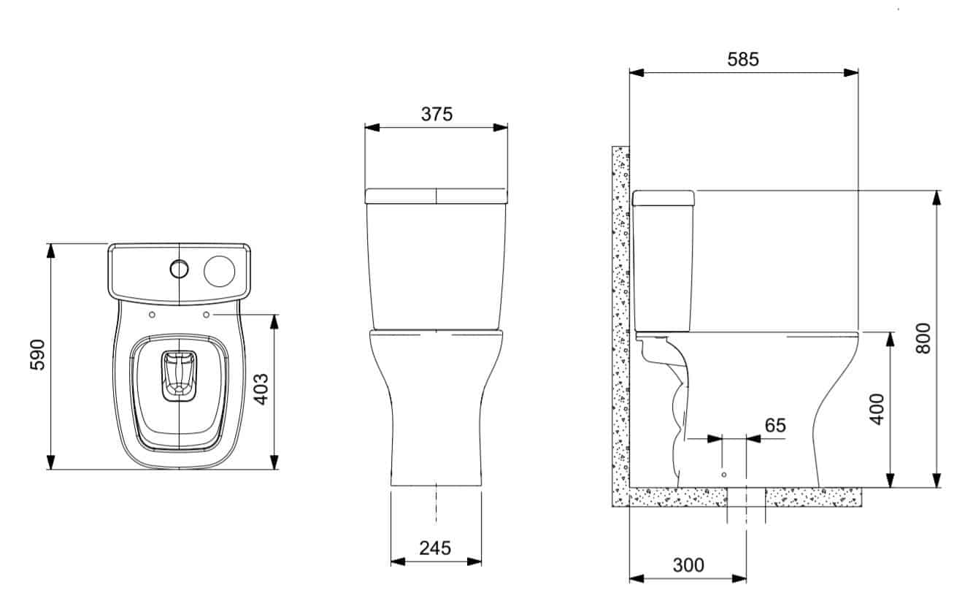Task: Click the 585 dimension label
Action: pyautogui.click(x=743, y=59)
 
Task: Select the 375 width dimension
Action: pyautogui.click(x=436, y=114)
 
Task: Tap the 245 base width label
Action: pyautogui.click(x=435, y=548)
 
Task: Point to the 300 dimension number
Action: pyautogui.click(x=688, y=565)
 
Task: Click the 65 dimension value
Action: pyautogui.click(x=775, y=425)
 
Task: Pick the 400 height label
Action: pyautogui.click(x=877, y=409)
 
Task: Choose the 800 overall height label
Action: pyautogui.click(x=923, y=338)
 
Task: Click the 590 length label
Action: pyautogui.click(x=37, y=355)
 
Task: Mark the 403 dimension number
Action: pyautogui.click(x=261, y=389)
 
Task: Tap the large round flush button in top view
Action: pyautogui.click(x=219, y=272)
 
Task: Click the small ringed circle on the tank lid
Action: pyautogui.click(x=180, y=269)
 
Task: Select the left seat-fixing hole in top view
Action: pyautogui.click(x=152, y=315)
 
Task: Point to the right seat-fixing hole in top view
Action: pyautogui.click(x=206, y=315)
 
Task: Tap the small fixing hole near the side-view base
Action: pyautogui.click(x=723, y=475)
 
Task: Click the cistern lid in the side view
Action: pyautogui.click(x=663, y=198)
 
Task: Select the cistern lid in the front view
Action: pyautogui.click(x=436, y=196)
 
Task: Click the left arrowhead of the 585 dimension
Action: pyautogui.click(x=636, y=73)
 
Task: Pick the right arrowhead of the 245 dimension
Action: pyautogui.click(x=474, y=562)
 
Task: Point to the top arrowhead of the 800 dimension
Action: pyautogui.click(x=936, y=198)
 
